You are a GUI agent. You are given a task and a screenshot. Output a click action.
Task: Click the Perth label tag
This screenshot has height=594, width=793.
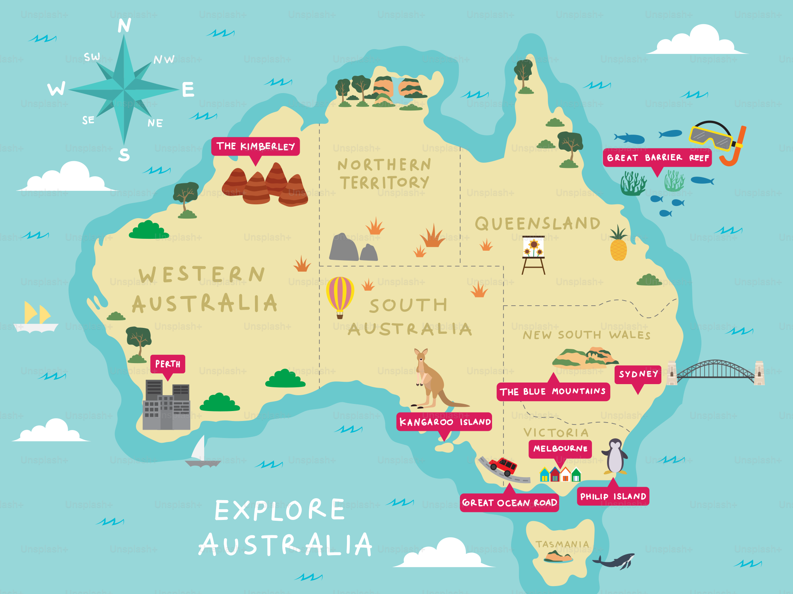click(168, 364)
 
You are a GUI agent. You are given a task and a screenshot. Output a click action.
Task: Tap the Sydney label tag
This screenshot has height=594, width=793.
click(638, 374)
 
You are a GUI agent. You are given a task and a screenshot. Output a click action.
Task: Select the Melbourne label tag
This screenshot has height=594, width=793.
click(560, 449)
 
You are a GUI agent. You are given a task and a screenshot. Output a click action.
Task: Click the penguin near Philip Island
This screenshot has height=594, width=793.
click(615, 457)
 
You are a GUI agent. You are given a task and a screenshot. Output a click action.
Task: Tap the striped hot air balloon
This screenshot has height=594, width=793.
click(340, 295)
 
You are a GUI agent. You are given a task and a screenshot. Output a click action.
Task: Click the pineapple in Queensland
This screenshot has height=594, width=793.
click(618, 246)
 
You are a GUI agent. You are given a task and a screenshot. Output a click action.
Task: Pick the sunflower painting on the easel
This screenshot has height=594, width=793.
click(533, 247)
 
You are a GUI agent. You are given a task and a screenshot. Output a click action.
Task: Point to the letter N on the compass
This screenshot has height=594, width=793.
click(124, 26)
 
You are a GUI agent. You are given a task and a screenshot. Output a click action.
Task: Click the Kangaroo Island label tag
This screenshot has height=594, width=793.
click(444, 422)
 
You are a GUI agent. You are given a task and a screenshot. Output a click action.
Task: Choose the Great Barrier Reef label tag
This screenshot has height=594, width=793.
click(657, 158)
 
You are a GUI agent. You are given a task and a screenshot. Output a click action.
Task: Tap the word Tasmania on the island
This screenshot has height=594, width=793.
click(562, 544)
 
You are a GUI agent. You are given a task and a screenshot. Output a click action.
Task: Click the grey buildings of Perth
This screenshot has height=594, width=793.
click(167, 406)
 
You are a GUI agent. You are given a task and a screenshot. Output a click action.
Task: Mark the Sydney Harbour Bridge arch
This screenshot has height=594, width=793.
click(716, 368)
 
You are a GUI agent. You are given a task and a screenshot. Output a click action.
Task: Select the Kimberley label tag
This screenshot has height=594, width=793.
click(255, 147)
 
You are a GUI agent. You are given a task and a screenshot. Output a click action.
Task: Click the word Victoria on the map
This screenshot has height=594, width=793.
click(556, 432)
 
